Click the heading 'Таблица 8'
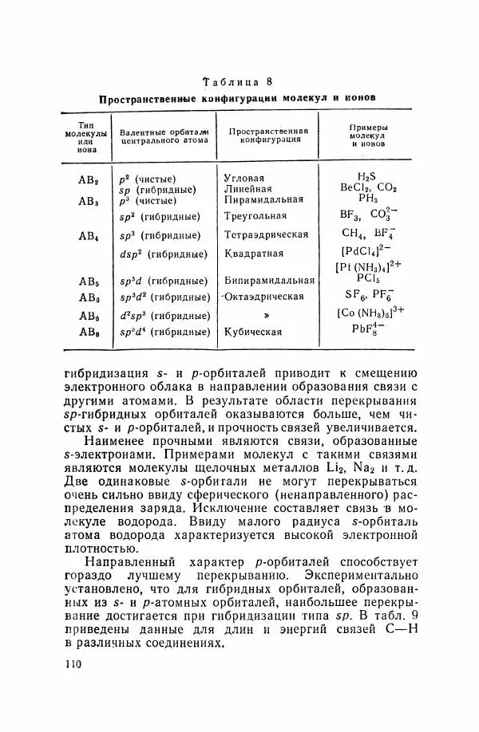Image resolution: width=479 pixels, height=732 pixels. coord(239,81)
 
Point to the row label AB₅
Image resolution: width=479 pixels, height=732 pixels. coord(88,281)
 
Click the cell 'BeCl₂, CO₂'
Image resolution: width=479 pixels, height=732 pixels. coord(368,188)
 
